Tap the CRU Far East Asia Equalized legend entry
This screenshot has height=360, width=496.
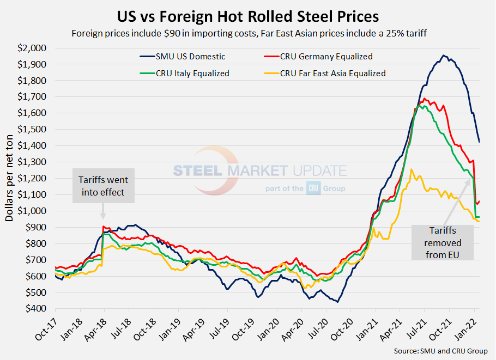click(x=332, y=73)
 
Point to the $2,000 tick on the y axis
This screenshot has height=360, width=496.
click(x=33, y=48)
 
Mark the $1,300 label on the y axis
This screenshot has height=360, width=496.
click(x=33, y=162)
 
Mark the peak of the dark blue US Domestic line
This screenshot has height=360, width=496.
click(x=444, y=55)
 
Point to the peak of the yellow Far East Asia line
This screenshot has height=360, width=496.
click(x=412, y=169)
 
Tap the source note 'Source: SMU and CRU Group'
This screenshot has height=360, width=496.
click(x=440, y=351)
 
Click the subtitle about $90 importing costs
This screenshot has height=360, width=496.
click(x=247, y=33)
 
